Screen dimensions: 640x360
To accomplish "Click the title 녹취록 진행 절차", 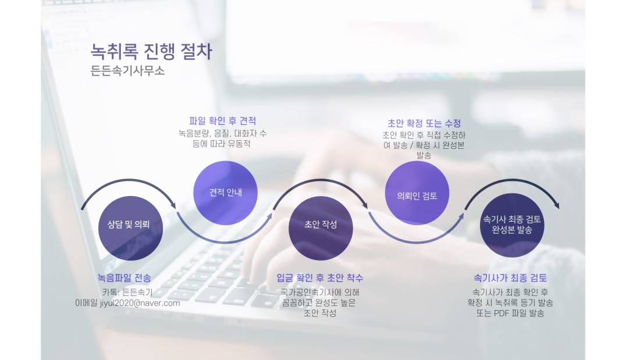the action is tap(151, 52).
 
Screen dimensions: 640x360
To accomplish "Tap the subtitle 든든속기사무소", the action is tap(127, 70).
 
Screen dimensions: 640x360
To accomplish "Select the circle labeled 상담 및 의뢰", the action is tap(130, 228).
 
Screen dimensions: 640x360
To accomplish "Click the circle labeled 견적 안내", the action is tap(225, 193).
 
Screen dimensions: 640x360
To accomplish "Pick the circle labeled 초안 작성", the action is tap(321, 228).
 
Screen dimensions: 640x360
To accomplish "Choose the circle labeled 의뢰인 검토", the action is tap(417, 193).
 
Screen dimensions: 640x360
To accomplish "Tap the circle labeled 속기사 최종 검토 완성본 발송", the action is tap(512, 225).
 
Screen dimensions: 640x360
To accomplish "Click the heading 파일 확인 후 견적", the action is tap(222, 121).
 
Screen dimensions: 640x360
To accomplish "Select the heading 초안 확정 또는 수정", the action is tap(424, 123).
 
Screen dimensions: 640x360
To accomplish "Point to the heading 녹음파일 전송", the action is tap(124, 278).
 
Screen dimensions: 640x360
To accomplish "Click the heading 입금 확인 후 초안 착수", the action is tap(320, 278).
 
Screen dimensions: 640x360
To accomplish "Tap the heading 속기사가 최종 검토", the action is tap(510, 278).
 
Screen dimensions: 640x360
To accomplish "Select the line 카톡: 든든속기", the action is tap(127, 292).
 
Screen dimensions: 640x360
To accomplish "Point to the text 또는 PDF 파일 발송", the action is tap(510, 313).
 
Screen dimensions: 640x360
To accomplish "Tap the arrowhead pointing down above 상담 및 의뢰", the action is tap(172, 204).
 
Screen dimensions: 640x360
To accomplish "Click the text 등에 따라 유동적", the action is tap(222, 144).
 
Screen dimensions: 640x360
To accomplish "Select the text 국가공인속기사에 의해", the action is tap(320, 292).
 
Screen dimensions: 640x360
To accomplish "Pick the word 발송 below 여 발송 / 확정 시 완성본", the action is tap(424, 155).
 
